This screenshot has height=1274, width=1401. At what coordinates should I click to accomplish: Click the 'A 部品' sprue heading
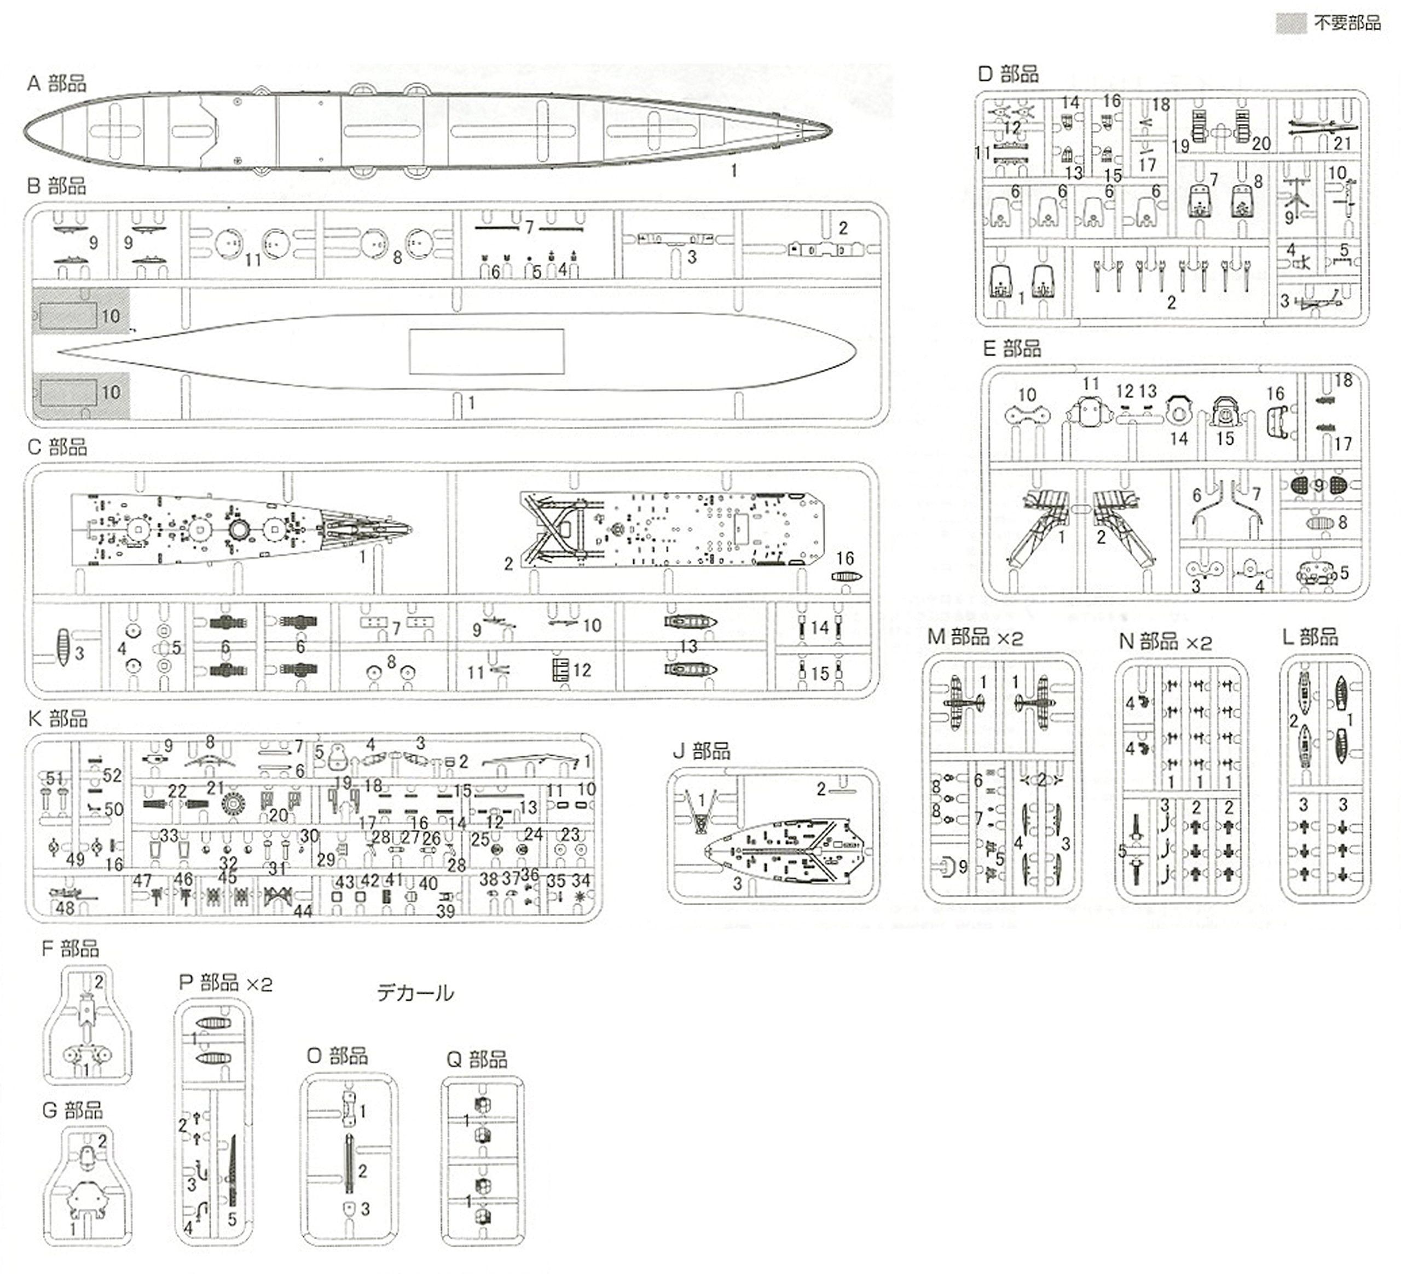tap(56, 84)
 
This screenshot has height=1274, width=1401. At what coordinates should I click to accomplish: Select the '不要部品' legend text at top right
tap(1347, 24)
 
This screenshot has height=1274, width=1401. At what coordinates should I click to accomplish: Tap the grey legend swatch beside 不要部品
tap(1291, 24)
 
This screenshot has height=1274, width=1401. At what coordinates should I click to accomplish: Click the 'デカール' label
tap(415, 993)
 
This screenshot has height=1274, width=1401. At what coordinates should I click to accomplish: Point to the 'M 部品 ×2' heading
tap(975, 638)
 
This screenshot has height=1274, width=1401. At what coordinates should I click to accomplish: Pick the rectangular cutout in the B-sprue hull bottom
tap(486, 352)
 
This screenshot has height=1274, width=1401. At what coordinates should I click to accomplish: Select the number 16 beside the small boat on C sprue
tap(844, 559)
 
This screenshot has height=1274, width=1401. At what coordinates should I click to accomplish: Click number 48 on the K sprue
tap(65, 908)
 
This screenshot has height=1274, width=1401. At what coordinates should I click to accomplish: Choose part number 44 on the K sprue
tap(303, 911)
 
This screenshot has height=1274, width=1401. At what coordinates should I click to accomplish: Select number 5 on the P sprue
tap(232, 1219)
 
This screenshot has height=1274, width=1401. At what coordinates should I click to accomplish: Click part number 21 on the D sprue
tap(1342, 144)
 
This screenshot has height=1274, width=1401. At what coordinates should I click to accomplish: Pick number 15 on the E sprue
tap(1224, 438)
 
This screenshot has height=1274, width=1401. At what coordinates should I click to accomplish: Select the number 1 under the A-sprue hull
tap(733, 170)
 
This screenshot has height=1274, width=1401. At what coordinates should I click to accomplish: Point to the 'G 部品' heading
tap(72, 1110)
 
